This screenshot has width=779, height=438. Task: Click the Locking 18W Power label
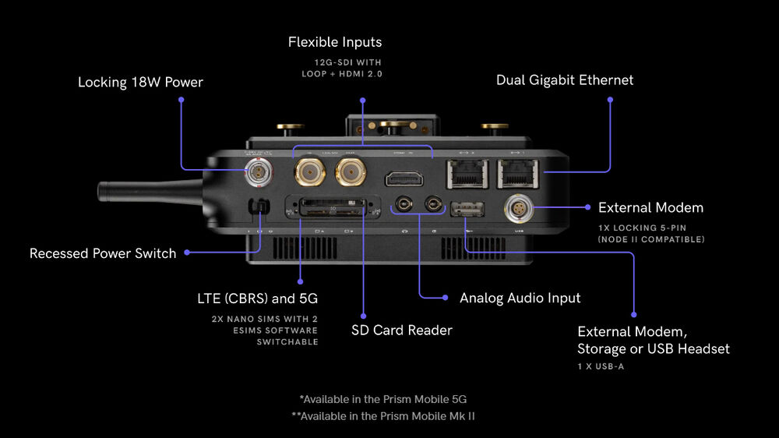[140, 82]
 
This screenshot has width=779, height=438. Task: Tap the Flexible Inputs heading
[335, 42]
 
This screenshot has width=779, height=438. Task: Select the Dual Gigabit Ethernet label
[565, 80]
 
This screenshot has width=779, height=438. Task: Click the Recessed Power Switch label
[103, 253]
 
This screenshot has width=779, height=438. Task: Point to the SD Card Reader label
[402, 330]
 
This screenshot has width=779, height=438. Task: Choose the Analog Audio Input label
[520, 298]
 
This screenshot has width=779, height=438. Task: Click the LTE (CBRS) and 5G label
[257, 298]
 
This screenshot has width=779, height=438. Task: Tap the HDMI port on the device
[404, 177]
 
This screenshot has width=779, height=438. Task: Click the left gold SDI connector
[308, 170]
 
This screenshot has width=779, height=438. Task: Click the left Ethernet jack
[466, 173]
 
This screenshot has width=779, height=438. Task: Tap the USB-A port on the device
[467, 208]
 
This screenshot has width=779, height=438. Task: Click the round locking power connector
[256, 172]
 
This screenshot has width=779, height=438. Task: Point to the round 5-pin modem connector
[520, 208]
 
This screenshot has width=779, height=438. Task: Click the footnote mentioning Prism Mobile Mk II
[383, 416]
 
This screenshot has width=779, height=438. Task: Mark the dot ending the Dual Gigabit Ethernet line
[610, 100]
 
